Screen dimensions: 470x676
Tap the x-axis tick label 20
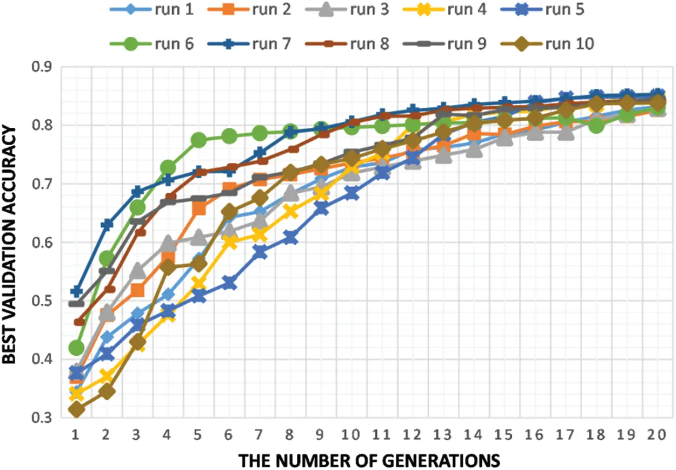pos(657,434)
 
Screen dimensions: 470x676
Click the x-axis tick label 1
pos(76,434)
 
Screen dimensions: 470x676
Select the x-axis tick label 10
pos(352,434)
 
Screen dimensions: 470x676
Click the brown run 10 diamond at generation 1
pos(76,409)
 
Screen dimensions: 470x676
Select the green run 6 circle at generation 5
pos(198,140)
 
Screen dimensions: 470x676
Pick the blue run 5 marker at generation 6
pos(229,283)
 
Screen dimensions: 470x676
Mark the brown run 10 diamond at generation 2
pos(107,391)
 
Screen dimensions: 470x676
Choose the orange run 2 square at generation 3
pos(137,291)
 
